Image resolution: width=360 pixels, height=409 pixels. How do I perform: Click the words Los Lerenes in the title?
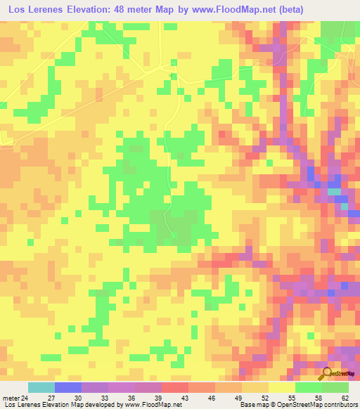pos(33,9)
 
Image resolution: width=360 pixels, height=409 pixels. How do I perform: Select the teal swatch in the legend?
pos(41,387)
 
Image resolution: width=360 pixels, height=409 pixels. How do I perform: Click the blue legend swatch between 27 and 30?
pos(68,387)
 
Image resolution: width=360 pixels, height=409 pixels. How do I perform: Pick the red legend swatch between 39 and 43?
pos(175,387)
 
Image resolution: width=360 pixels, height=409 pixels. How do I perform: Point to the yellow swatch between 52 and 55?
pos(282,387)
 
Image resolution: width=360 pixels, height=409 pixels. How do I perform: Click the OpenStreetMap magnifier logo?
pos(328,375)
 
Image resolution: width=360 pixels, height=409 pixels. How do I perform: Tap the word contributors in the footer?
pos(340,405)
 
